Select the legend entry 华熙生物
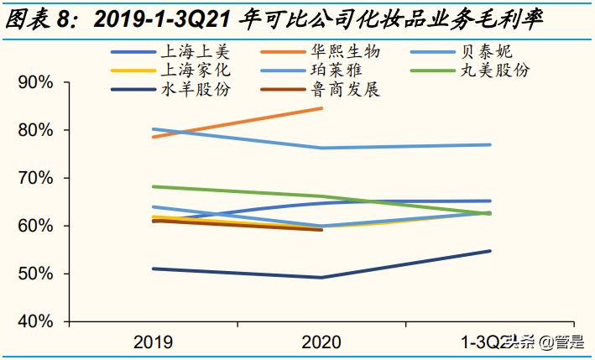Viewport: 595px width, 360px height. click(x=336, y=52)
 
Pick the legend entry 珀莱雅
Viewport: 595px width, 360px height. click(x=336, y=70)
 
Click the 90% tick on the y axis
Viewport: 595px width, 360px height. click(x=36, y=82)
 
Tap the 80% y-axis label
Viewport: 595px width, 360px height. click(x=36, y=130)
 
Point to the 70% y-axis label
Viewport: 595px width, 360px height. click(x=36, y=178)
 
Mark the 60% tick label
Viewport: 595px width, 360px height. click(x=36, y=226)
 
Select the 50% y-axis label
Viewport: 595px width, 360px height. click(x=36, y=274)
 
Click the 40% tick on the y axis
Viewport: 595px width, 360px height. click(x=36, y=321)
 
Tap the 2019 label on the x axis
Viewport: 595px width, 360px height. click(x=153, y=342)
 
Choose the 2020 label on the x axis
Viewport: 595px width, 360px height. click(x=322, y=342)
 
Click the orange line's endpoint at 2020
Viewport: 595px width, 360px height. click(x=322, y=108)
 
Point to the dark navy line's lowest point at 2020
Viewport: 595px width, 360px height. click(x=322, y=278)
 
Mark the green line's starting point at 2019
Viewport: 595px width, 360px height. click(x=153, y=186)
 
